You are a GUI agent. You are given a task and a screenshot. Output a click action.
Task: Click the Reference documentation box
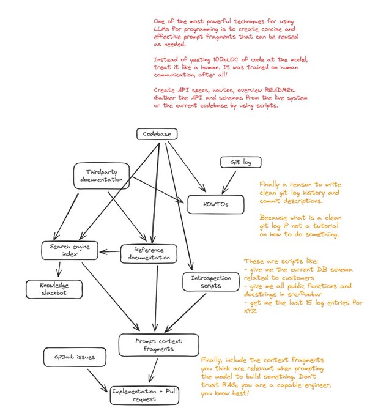pos(148,254)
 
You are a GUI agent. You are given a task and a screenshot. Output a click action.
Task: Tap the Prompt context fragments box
pos(150,344)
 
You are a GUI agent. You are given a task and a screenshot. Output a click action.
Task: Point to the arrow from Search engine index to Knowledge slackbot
pos(59,269)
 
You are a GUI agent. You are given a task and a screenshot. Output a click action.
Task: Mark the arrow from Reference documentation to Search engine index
pos(110,251)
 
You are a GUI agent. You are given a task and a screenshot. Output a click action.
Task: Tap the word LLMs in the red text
pos(163,29)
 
